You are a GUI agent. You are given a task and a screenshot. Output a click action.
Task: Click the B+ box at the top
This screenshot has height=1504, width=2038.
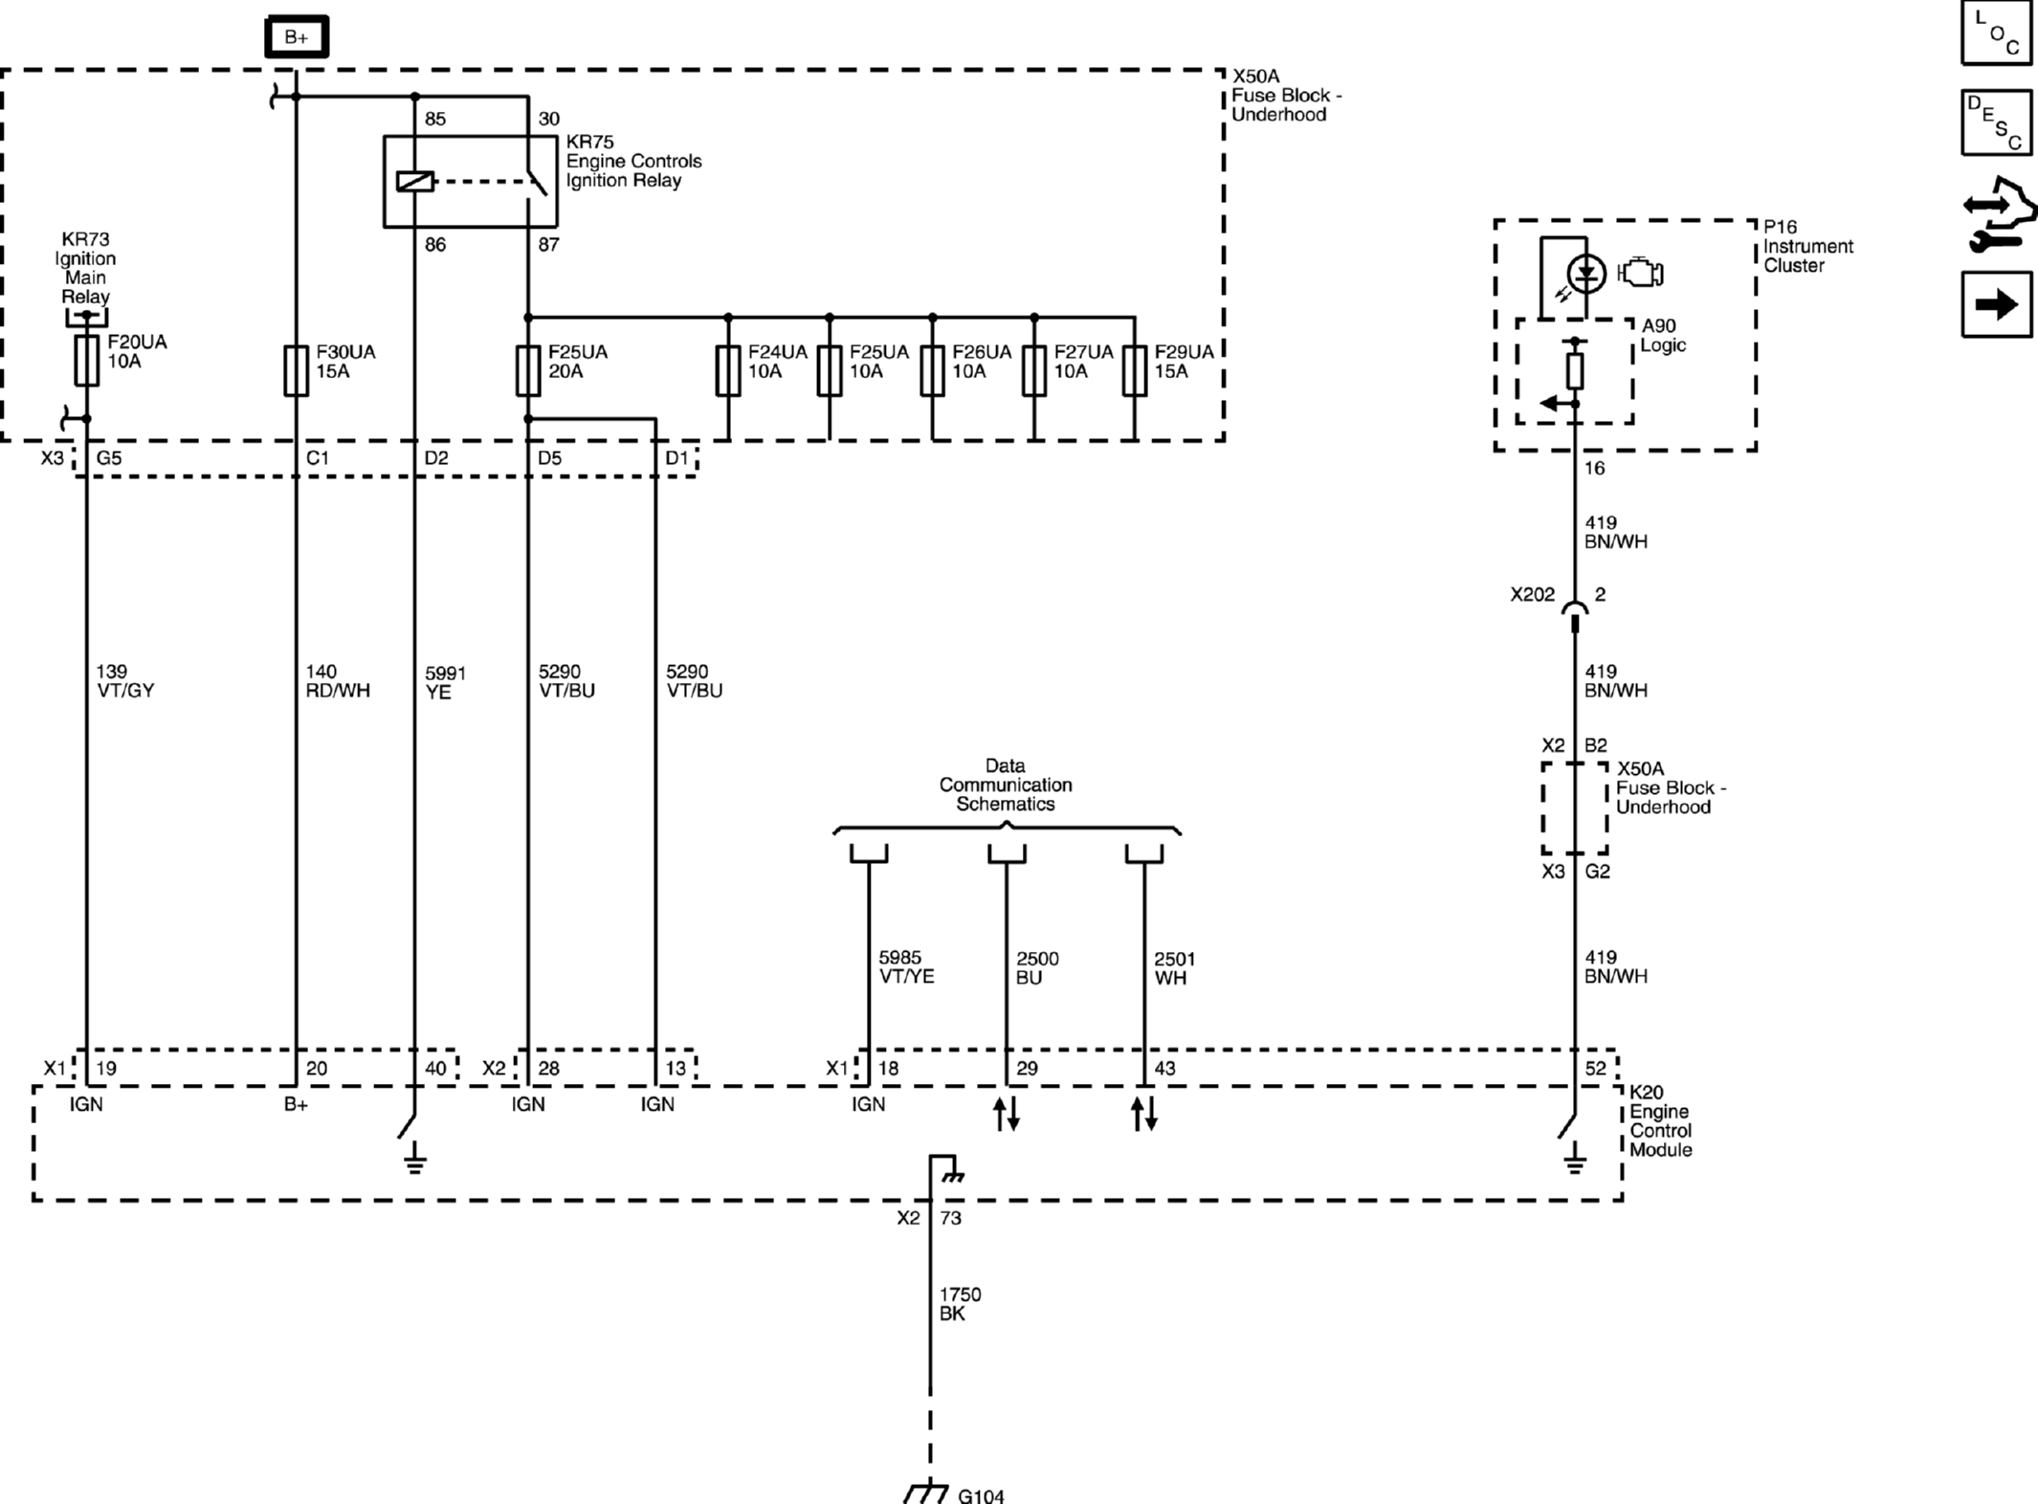297,37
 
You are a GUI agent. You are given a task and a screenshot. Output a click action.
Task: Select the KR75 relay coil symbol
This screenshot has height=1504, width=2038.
414,181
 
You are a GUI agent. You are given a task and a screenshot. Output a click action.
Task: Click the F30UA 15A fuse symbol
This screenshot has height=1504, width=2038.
296,370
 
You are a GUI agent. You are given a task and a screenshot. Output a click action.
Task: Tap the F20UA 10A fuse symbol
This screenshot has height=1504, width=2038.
87,361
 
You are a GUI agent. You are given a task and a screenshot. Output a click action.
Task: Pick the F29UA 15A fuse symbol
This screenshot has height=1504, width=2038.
1134,370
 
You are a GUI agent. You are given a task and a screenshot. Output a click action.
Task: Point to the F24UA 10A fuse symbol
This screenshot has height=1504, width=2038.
728,370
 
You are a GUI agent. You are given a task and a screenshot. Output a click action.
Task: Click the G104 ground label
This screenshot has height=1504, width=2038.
981,1494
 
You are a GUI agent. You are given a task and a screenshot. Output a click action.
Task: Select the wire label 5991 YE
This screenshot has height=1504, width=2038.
445,682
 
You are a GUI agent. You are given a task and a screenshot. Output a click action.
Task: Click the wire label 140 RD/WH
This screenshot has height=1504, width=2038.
337,681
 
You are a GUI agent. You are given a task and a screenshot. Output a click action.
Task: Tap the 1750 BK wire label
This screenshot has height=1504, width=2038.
960,1303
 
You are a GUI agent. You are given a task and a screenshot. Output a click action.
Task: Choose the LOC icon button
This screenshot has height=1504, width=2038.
1996,33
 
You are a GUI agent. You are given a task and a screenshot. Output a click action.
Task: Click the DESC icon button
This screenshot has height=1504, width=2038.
1996,122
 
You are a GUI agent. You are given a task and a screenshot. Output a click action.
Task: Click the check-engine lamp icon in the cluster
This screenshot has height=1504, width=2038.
1642,274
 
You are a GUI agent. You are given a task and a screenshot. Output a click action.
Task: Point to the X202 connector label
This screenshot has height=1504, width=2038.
1532,595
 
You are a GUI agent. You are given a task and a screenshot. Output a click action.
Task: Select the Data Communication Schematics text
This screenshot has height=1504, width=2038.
1005,785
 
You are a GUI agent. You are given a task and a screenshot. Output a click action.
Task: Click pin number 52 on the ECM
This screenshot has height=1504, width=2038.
1595,1069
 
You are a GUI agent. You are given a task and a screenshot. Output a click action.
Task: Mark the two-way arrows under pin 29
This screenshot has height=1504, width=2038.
1007,1114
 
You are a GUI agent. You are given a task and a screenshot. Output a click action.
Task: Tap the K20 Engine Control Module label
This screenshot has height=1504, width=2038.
1660,1120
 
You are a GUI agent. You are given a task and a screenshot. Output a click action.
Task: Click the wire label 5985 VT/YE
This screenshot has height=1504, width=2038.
905,966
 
